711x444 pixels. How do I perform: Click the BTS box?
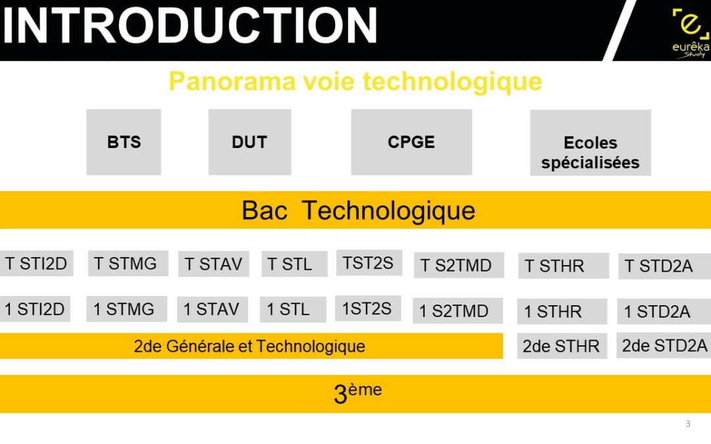point(124,142)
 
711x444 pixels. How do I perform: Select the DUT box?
point(250,142)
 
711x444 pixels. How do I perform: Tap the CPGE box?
point(411,142)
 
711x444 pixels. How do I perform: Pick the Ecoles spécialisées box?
point(591,143)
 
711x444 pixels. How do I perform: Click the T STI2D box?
point(36,263)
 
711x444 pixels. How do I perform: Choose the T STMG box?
point(128,263)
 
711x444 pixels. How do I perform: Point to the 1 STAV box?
point(212,309)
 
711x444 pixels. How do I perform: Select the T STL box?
point(294,264)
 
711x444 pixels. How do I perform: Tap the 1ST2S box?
point(368,308)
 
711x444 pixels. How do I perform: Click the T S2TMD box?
point(459,265)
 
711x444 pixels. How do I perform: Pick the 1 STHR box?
point(562,311)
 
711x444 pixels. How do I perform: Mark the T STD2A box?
point(665,266)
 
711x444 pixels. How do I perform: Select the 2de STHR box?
point(562,346)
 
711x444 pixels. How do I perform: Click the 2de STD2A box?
point(664,345)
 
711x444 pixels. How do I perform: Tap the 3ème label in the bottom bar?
point(357,393)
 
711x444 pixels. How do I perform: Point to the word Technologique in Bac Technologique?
point(388,210)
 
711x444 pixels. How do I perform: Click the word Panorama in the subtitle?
point(232,82)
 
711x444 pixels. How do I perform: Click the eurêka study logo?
point(691,34)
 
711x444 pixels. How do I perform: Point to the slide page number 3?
point(688,424)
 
